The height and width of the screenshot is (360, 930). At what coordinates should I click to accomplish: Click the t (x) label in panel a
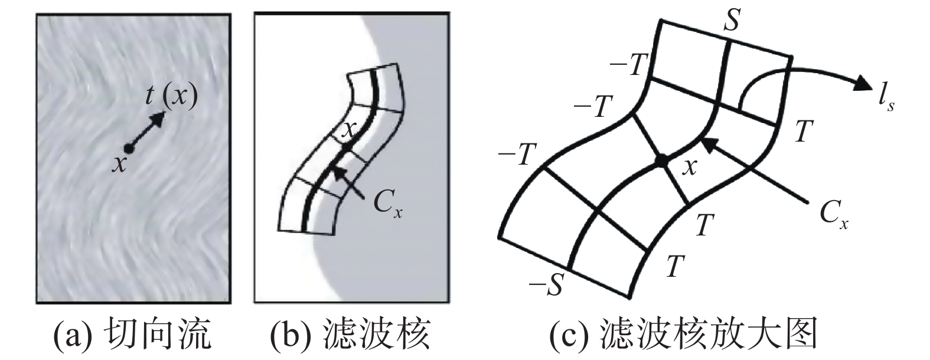coord(171,97)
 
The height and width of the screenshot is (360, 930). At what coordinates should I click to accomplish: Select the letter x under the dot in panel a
coord(120,165)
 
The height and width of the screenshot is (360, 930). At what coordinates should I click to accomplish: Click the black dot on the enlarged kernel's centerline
coord(663,160)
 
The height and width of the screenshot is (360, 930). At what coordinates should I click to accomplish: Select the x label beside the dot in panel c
coord(688,168)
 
